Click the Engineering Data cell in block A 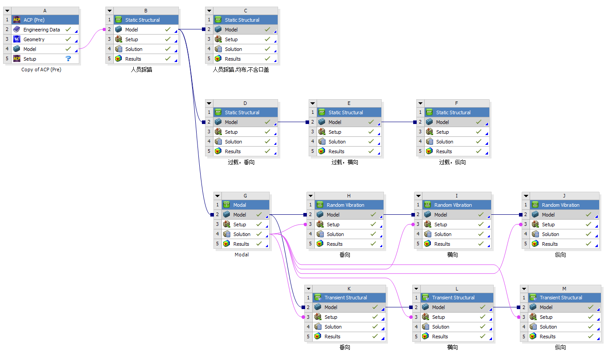[42, 30]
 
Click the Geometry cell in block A [34, 39]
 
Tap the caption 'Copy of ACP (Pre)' [41, 70]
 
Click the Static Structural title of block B [142, 20]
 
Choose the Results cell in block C [233, 59]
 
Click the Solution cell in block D [233, 142]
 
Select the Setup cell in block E [335, 132]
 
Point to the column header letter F [457, 103]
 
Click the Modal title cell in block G [240, 205]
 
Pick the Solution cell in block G [242, 234]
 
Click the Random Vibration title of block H [345, 205]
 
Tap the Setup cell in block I [441, 225]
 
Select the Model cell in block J [548, 215]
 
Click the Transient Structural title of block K [345, 298]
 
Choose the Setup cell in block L [438, 317]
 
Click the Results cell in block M [547, 337]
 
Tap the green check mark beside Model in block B [168, 30]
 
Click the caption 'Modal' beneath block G [242, 255]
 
